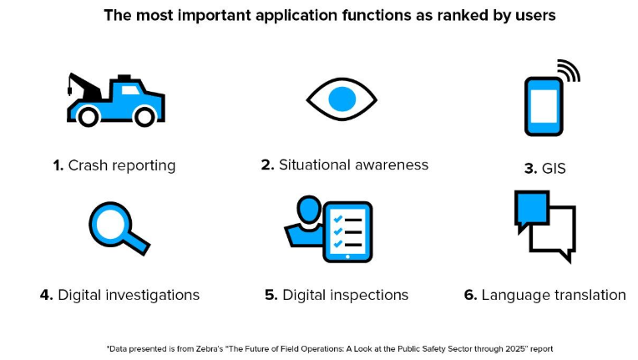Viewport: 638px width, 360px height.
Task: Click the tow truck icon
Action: (x=116, y=100)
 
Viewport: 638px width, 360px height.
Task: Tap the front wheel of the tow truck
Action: (x=144, y=117)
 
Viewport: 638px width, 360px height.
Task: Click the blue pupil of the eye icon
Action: (x=342, y=99)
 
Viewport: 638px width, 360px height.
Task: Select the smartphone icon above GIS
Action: (x=544, y=107)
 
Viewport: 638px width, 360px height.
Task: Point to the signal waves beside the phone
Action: (x=570, y=70)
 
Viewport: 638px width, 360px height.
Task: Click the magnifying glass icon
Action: (x=119, y=228)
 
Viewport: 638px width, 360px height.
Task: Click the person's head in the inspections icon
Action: (x=309, y=209)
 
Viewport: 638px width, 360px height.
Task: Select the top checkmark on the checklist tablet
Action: (x=337, y=219)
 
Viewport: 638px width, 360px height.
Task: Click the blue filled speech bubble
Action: (x=532, y=210)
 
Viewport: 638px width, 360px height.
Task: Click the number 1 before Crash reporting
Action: (x=58, y=165)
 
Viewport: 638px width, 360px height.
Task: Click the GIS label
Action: (x=554, y=169)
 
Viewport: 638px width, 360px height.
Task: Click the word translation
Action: (x=585, y=295)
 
